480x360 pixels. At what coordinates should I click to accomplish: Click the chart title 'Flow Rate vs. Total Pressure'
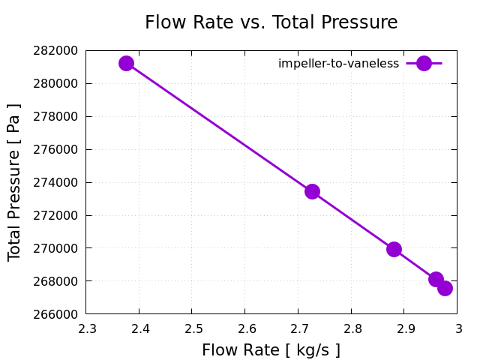[x=271, y=22]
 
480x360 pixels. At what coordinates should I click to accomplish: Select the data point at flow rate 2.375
[x=126, y=63]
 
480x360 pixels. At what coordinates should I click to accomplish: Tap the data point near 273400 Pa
[x=312, y=191]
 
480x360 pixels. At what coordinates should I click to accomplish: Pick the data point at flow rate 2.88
[x=394, y=249]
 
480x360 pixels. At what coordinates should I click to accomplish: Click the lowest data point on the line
[x=445, y=288]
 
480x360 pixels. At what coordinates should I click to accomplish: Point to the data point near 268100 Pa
[x=436, y=279]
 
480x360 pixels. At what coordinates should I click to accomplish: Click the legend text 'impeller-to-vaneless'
[x=338, y=64]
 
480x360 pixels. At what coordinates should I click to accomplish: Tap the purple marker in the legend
[x=424, y=64]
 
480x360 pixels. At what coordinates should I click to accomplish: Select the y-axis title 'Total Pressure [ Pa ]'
[x=14, y=182]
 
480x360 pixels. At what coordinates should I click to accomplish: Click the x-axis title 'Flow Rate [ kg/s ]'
[x=271, y=350]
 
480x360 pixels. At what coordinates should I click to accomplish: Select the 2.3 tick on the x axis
[x=86, y=328]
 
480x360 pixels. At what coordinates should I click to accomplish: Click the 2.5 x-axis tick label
[x=192, y=328]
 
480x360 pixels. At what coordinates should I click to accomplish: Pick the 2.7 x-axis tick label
[x=298, y=328]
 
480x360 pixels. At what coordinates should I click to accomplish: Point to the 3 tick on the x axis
[x=457, y=328]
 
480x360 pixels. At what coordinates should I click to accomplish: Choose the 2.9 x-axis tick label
[x=404, y=328]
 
